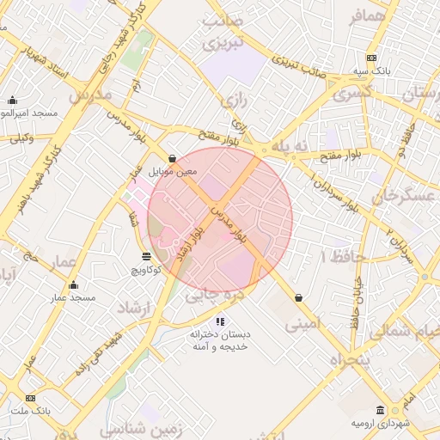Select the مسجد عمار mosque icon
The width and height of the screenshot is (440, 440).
click(73, 285)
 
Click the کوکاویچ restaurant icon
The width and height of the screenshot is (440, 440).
click(146, 257)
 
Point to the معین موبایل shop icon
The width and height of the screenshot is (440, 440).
click(174, 158)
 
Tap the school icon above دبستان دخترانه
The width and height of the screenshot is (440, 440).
click(220, 321)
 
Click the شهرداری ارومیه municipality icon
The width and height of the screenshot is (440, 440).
click(381, 411)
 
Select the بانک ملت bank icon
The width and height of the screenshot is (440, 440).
click(31, 398)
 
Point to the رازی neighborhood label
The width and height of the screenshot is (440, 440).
click(234, 101)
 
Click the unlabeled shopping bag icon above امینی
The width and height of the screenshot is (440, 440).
click(297, 297)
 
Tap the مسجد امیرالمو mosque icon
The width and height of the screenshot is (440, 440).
click(12, 100)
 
